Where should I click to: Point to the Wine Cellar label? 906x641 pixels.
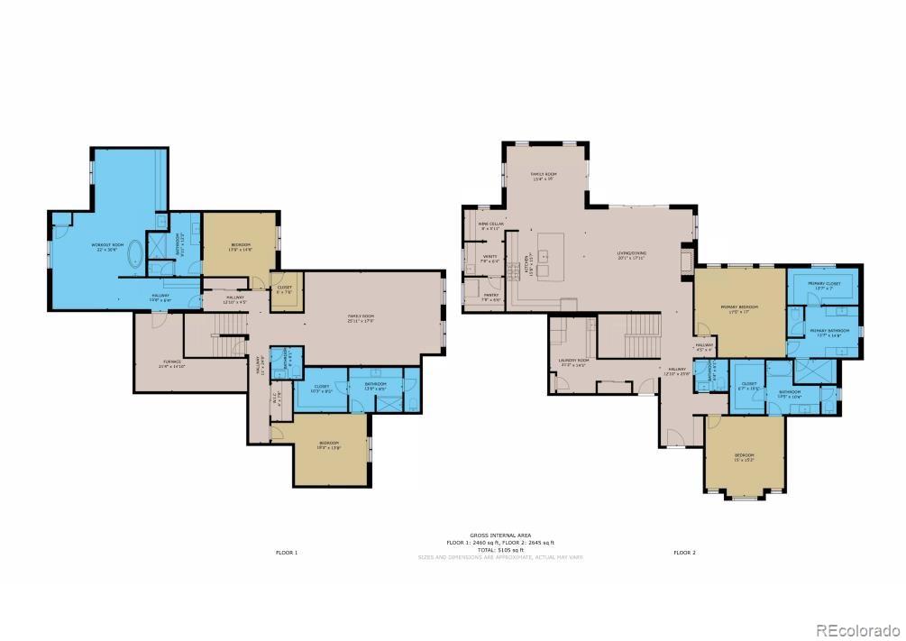[479, 226]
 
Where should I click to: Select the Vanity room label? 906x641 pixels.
[491, 259]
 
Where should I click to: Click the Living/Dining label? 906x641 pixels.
[632, 254]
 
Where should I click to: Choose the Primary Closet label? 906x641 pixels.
[820, 286]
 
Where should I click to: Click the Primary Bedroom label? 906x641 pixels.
[739, 308]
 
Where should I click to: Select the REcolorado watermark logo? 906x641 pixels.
[856, 630]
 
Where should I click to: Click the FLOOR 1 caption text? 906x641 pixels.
[286, 552]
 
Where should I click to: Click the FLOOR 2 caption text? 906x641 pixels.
[684, 552]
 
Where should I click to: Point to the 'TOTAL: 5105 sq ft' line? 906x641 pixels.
[500, 550]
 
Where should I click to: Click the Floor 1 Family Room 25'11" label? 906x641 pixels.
[362, 317]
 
